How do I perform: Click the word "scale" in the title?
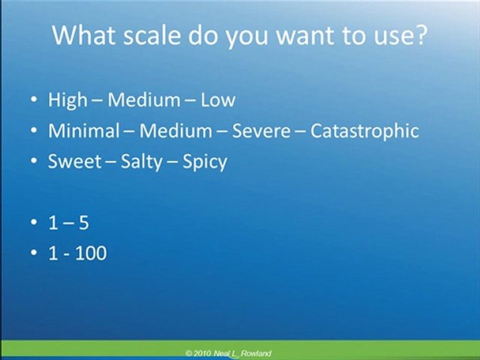pyautogui.click(x=152, y=35)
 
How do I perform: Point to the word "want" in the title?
pyautogui.click(x=304, y=36)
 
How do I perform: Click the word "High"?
pyautogui.click(x=67, y=100)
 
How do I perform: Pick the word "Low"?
pyautogui.click(x=218, y=100)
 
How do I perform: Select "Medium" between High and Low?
pyautogui.click(x=144, y=100)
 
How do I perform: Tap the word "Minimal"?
pyautogui.click(x=84, y=130)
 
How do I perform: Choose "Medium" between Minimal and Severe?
pyautogui.click(x=175, y=130)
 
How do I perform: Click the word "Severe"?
pyautogui.click(x=261, y=131)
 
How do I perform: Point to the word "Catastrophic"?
pyautogui.click(x=364, y=131)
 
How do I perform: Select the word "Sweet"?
pyautogui.click(x=74, y=161)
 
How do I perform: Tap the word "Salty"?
pyautogui.click(x=141, y=162)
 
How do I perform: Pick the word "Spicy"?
pyautogui.click(x=205, y=162)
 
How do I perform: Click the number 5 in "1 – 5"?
pyautogui.click(x=83, y=222)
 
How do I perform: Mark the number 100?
pyautogui.click(x=91, y=253)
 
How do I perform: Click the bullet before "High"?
pyautogui.click(x=33, y=99)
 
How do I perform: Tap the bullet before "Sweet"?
pyautogui.click(x=33, y=160)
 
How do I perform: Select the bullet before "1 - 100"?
pyautogui.click(x=33, y=252)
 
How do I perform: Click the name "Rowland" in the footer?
pyautogui.click(x=255, y=353)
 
